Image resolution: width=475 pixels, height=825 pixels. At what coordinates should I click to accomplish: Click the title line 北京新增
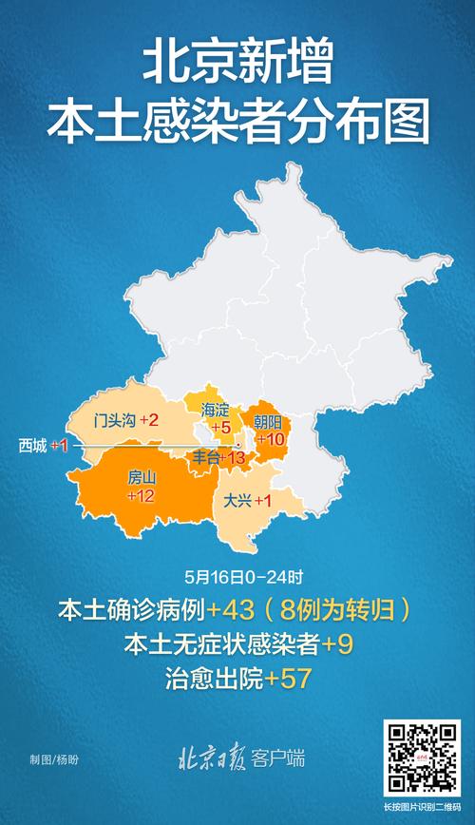tap(237, 66)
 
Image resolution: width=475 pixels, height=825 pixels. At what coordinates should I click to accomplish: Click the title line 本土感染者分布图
tap(237, 124)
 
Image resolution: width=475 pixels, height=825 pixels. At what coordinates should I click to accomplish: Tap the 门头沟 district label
tap(113, 420)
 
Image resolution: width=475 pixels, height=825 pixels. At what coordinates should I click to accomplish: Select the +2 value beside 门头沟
tap(148, 420)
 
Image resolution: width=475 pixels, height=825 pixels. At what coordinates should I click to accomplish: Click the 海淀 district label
tap(216, 410)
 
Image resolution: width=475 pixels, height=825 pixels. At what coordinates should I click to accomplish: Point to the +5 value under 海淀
tap(220, 429)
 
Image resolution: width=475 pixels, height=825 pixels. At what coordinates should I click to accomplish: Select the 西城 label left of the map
tap(32, 445)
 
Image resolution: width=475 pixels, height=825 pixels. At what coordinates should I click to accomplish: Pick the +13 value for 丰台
tap(233, 459)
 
